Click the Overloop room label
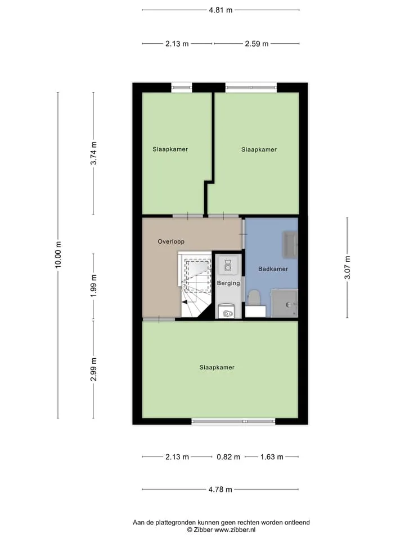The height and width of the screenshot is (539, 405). tap(171, 241)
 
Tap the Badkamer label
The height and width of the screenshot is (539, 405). tap(273, 269)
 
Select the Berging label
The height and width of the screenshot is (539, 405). tap(228, 283)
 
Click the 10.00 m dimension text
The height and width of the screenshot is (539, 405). tap(58, 255)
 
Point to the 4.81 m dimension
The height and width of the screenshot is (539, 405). tap(220, 10)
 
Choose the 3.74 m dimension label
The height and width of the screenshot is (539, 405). tap(93, 153)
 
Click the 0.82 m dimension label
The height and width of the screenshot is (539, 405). tap(228, 457)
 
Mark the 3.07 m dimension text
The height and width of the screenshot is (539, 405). tap(347, 267)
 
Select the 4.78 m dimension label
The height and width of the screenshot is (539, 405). tap(220, 489)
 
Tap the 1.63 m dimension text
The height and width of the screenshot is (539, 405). tap(272, 457)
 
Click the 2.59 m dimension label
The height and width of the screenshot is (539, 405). tap(256, 44)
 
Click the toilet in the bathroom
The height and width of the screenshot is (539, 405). tap(254, 298)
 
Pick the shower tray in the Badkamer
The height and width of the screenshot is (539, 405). tap(284, 303)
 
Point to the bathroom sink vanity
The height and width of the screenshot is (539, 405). tap(290, 244)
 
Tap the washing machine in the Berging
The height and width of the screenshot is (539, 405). tap(227, 310)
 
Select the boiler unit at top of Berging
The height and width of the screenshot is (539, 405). tap(228, 265)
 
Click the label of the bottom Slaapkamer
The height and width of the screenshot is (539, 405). tap(217, 367)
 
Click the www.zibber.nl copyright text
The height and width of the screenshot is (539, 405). tap(221, 529)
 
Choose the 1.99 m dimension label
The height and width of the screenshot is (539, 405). tap(93, 286)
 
